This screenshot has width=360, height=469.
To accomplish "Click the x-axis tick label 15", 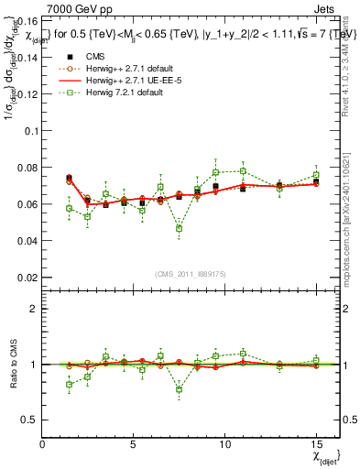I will pos(315,444).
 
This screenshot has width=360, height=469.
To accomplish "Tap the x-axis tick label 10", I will pos(224,444).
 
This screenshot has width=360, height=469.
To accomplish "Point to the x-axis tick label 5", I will pos(134,444).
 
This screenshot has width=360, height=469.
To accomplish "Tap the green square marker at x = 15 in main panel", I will pos(315,175).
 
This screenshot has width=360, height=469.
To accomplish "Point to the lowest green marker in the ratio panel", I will pos(180,389).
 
